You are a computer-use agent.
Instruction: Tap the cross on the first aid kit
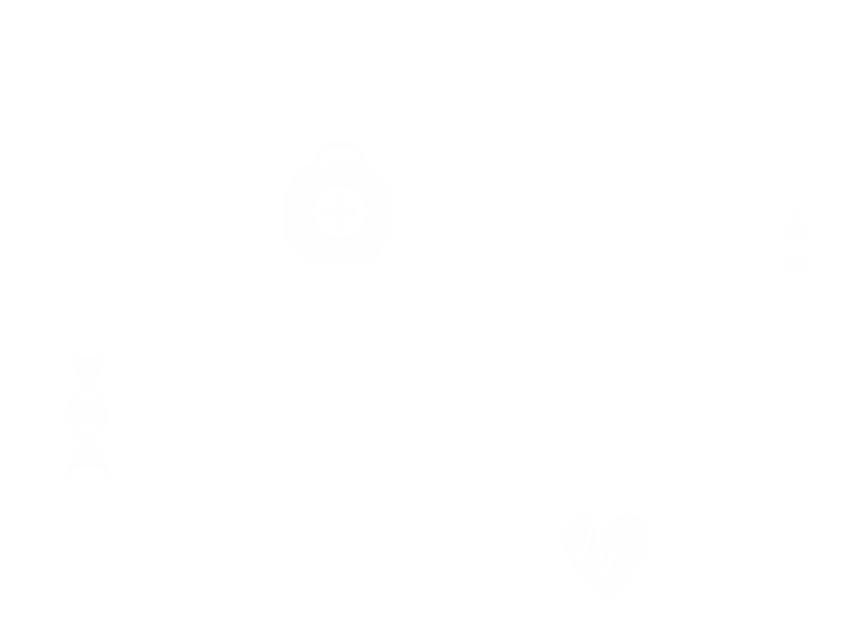(339, 212)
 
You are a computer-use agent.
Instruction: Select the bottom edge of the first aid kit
(339, 261)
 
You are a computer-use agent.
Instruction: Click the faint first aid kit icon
(339, 206)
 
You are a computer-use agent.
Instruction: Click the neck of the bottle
(796, 218)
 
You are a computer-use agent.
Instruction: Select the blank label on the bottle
(796, 247)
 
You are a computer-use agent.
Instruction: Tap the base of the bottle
(796, 270)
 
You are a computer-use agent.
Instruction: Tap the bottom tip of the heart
(607, 591)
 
